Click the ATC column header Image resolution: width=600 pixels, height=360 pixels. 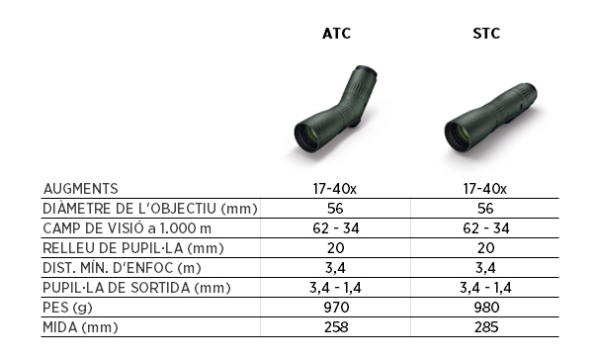pos(336,34)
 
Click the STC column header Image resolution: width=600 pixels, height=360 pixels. pos(486,34)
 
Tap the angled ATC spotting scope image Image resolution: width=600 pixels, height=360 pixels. pos(336,110)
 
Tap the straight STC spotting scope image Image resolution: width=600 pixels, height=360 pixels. pos(490,118)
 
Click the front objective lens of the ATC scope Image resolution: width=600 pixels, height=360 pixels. pos(310,135)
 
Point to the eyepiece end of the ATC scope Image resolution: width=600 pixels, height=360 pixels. pos(366,72)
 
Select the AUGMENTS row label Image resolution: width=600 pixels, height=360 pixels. pos(81,189)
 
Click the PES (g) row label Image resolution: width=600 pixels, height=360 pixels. pos(67,308)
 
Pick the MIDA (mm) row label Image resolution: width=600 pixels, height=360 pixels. pos(80,327)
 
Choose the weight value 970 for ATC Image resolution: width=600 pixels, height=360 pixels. pos(336,308)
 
